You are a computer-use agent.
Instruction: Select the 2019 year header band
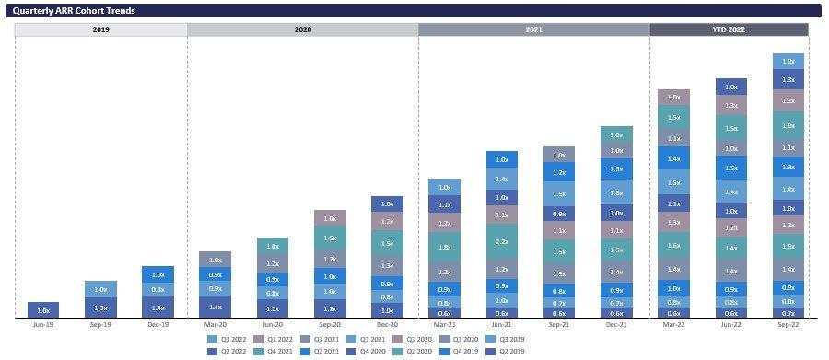pos(100,29)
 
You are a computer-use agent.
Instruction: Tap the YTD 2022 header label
pos(728,29)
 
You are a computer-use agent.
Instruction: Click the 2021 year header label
pos(533,29)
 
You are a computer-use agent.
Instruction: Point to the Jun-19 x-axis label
pos(43,325)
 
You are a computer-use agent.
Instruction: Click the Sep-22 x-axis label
pos(788,325)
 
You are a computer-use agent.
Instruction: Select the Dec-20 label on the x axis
pos(386,325)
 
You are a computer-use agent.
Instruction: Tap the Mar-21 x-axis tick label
pos(444,325)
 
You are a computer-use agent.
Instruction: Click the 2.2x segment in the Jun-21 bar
pos(502,242)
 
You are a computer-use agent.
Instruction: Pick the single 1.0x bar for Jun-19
pos(43,310)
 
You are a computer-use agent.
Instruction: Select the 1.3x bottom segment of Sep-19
pos(100,308)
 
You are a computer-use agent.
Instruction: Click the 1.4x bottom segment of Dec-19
pos(158,308)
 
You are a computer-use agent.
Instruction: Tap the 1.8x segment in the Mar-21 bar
pos(444,247)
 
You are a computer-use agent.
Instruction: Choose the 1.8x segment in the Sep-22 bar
pos(788,125)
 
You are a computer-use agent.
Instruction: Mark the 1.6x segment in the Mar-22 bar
pos(674,245)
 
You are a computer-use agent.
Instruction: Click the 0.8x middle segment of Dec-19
pos(158,289)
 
